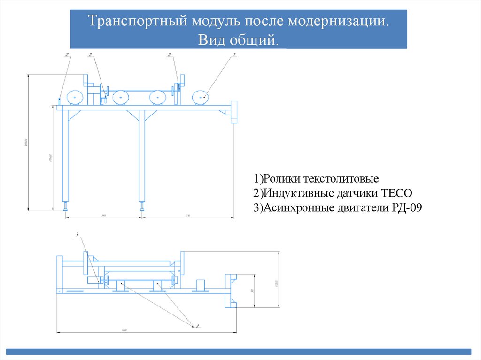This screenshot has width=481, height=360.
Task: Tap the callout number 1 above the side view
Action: coord(233,55)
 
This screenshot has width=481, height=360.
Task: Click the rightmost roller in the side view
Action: coord(201,97)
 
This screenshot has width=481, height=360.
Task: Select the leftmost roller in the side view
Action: coord(75,97)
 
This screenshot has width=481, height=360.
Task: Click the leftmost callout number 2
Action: coord(68,55)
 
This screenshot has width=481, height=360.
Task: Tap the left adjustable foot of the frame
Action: coord(65,207)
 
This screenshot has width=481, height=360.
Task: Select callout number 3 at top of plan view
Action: coord(76,233)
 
